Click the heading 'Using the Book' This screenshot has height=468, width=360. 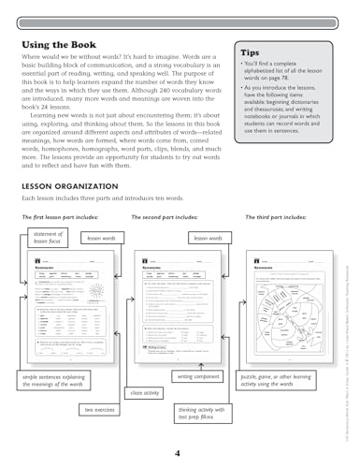[63, 44]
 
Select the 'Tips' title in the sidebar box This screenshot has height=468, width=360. [253, 54]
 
